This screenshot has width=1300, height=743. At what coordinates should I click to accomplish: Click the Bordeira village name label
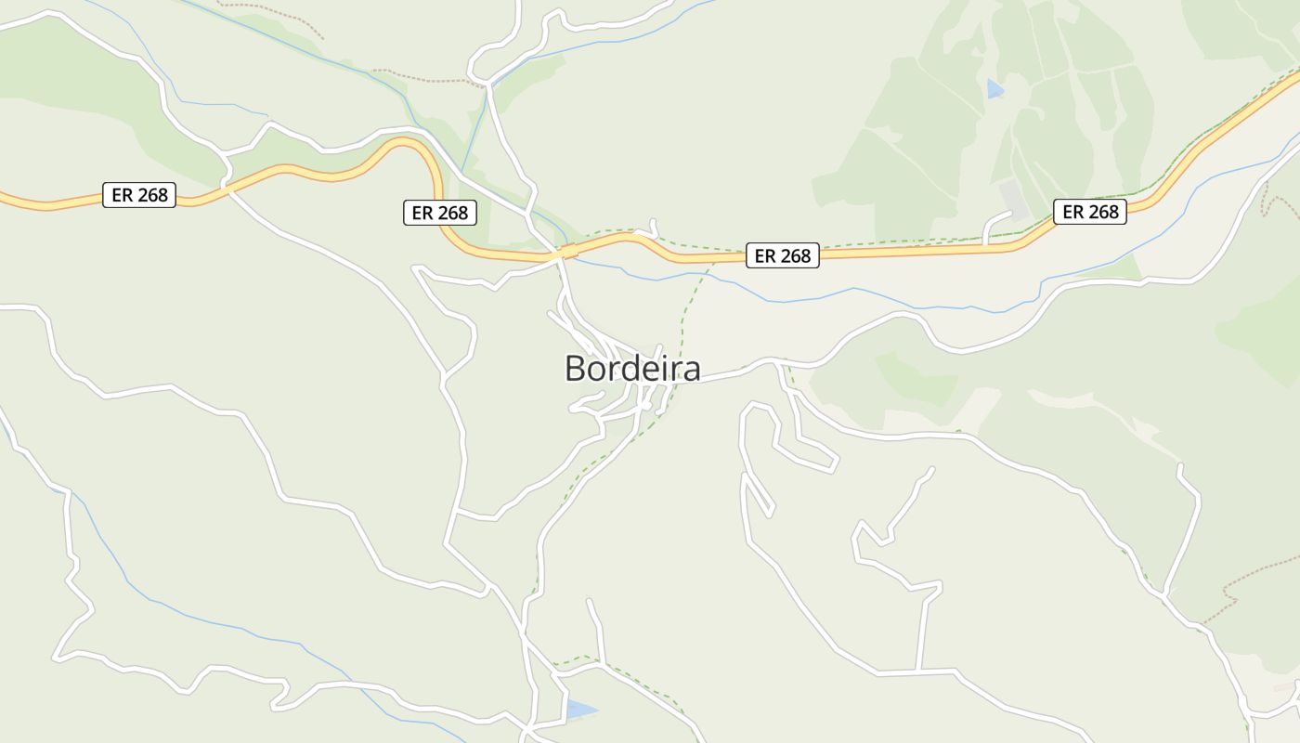coord(632,369)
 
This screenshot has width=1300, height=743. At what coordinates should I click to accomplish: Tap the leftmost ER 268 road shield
coord(139,195)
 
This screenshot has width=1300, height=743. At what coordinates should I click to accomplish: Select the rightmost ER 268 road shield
coord(1090,212)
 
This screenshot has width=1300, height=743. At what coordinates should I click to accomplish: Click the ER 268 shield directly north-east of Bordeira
coord(783,255)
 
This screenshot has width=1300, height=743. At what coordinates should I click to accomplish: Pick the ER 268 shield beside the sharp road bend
coord(440,213)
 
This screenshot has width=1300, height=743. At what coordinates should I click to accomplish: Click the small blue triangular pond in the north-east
coord(994,90)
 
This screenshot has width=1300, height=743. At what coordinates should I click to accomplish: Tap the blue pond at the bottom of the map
coord(579,710)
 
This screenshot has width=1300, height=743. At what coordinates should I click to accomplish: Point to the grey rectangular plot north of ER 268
coord(1013,199)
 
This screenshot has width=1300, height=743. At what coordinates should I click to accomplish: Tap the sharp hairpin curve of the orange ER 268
coord(429,158)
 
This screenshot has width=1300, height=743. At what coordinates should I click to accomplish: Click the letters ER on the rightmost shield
coord(1072,212)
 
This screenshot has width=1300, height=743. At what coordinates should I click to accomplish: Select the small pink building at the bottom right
coord(1285,686)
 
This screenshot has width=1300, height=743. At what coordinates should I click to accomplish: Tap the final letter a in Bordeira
coord(690,370)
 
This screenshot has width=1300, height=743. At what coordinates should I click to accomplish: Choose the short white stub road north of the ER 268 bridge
coord(654,227)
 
